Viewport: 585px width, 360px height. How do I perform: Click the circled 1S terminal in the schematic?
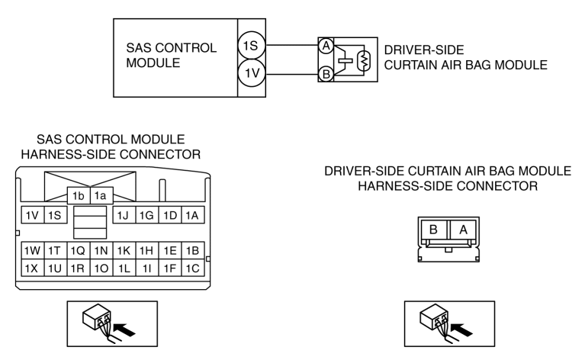252,46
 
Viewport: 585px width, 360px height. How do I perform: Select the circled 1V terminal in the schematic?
252,73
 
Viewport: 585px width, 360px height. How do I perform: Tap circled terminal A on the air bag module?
326,46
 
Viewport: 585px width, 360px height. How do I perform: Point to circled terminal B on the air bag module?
326,74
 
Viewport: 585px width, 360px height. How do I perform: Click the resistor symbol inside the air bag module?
364,60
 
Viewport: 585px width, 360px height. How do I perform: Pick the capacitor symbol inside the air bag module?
346,60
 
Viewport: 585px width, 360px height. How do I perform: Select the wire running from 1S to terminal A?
292,46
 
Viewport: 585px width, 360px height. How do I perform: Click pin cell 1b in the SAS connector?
79,196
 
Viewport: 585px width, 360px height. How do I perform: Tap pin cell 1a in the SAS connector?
101,196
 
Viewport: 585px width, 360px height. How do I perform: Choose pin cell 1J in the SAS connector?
124,215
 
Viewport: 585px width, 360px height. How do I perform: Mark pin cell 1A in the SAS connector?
193,215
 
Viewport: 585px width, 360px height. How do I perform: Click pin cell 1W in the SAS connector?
33,251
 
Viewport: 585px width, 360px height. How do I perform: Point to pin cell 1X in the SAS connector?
33,268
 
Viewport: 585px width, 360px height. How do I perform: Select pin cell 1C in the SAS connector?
193,268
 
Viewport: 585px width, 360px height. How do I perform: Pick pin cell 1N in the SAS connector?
101,251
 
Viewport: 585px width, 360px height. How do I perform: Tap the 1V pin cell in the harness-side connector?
33,215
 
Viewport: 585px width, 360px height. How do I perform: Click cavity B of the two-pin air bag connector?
433,230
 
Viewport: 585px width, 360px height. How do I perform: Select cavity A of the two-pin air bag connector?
463,230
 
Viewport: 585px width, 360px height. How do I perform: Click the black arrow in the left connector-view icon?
124,329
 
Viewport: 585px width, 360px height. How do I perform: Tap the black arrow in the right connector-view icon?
461,329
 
